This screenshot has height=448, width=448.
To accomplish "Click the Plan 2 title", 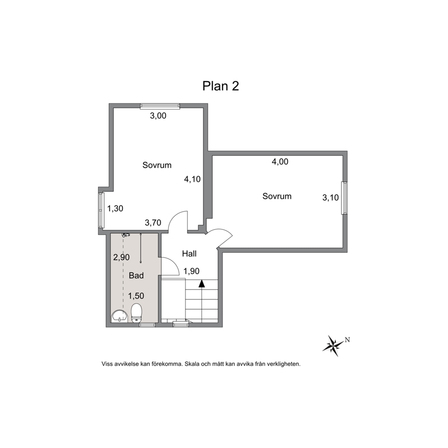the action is [x=220, y=86].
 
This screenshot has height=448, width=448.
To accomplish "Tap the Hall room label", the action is [x=189, y=253].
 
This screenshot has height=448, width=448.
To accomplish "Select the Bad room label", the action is [x=136, y=275].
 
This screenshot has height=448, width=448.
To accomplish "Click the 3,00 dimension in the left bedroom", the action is [x=158, y=116].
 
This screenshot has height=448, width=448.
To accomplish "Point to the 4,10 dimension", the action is [x=192, y=179].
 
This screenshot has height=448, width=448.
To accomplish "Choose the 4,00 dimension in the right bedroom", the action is [x=280, y=162].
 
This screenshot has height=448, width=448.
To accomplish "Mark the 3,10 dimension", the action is [x=331, y=197].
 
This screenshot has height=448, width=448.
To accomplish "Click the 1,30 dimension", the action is [x=115, y=209].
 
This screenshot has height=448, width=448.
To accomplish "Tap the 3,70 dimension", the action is [x=153, y=223].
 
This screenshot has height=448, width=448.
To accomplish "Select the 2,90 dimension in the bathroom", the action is [x=121, y=257].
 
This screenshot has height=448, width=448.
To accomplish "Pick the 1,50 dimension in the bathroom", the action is [x=136, y=296].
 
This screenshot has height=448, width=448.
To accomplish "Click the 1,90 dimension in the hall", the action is [x=191, y=271].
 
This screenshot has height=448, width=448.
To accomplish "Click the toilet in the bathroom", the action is [x=136, y=313].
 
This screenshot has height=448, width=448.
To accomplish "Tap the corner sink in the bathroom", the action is [x=119, y=316].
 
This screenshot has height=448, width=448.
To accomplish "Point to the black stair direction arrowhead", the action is [x=202, y=284].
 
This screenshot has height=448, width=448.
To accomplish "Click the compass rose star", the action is [x=333, y=345].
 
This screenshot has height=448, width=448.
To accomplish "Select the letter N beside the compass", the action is [x=347, y=340].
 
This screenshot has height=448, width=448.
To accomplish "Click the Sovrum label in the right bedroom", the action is [x=277, y=196].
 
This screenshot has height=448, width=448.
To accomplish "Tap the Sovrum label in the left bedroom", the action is [x=157, y=165].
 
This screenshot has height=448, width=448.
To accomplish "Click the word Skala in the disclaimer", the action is [x=192, y=364].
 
